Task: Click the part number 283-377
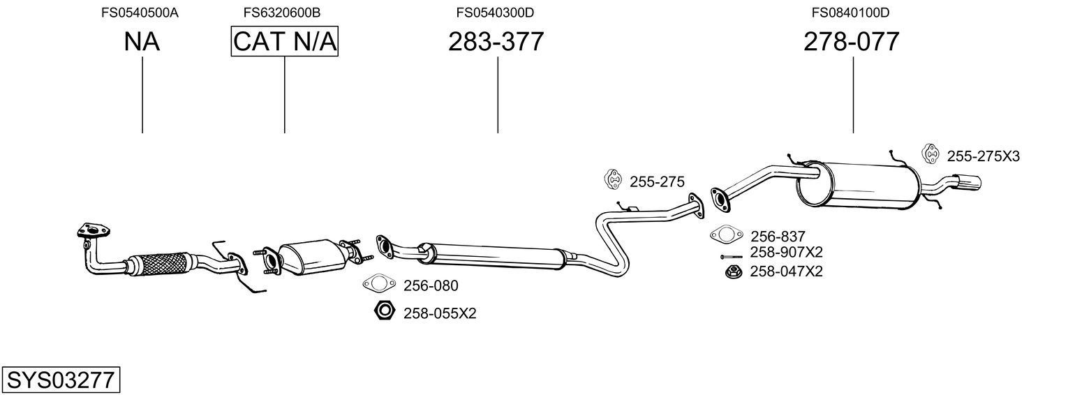click(x=496, y=43)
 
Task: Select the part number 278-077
click(x=851, y=43)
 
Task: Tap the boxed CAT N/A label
click(x=284, y=43)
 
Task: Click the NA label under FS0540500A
click(x=142, y=43)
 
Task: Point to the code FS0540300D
click(x=495, y=13)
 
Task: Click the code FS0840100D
click(x=850, y=13)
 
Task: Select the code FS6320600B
click(x=282, y=13)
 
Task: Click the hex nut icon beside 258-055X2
click(x=385, y=311)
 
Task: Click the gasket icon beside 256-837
click(x=726, y=235)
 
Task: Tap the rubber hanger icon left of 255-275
click(x=612, y=179)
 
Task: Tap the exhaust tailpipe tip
click(x=970, y=183)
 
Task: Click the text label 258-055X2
click(x=439, y=314)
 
